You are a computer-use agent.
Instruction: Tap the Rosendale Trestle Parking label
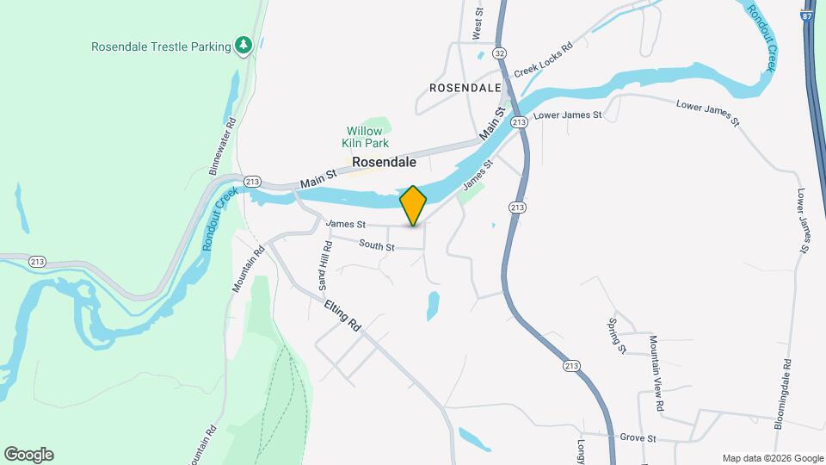[x=161, y=46]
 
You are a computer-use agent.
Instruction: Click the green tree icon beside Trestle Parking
[x=244, y=45]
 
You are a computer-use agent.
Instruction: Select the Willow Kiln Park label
[x=365, y=137]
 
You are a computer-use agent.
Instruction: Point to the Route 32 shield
[x=500, y=53]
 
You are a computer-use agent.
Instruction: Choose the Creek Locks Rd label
[x=543, y=61]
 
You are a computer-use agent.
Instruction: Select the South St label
[x=377, y=247]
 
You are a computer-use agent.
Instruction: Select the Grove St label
[x=640, y=438]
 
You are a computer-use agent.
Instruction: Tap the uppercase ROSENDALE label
[x=465, y=88]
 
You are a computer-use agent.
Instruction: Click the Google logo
[x=28, y=455]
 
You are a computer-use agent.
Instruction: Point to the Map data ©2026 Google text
[x=773, y=458]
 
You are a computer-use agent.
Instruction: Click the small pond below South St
[x=433, y=305]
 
